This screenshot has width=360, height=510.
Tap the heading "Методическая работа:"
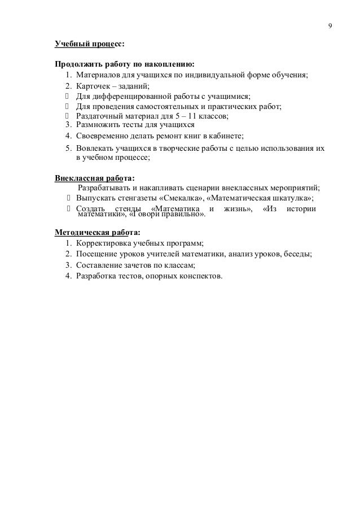point(97,232)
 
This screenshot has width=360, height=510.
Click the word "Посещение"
point(96,254)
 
